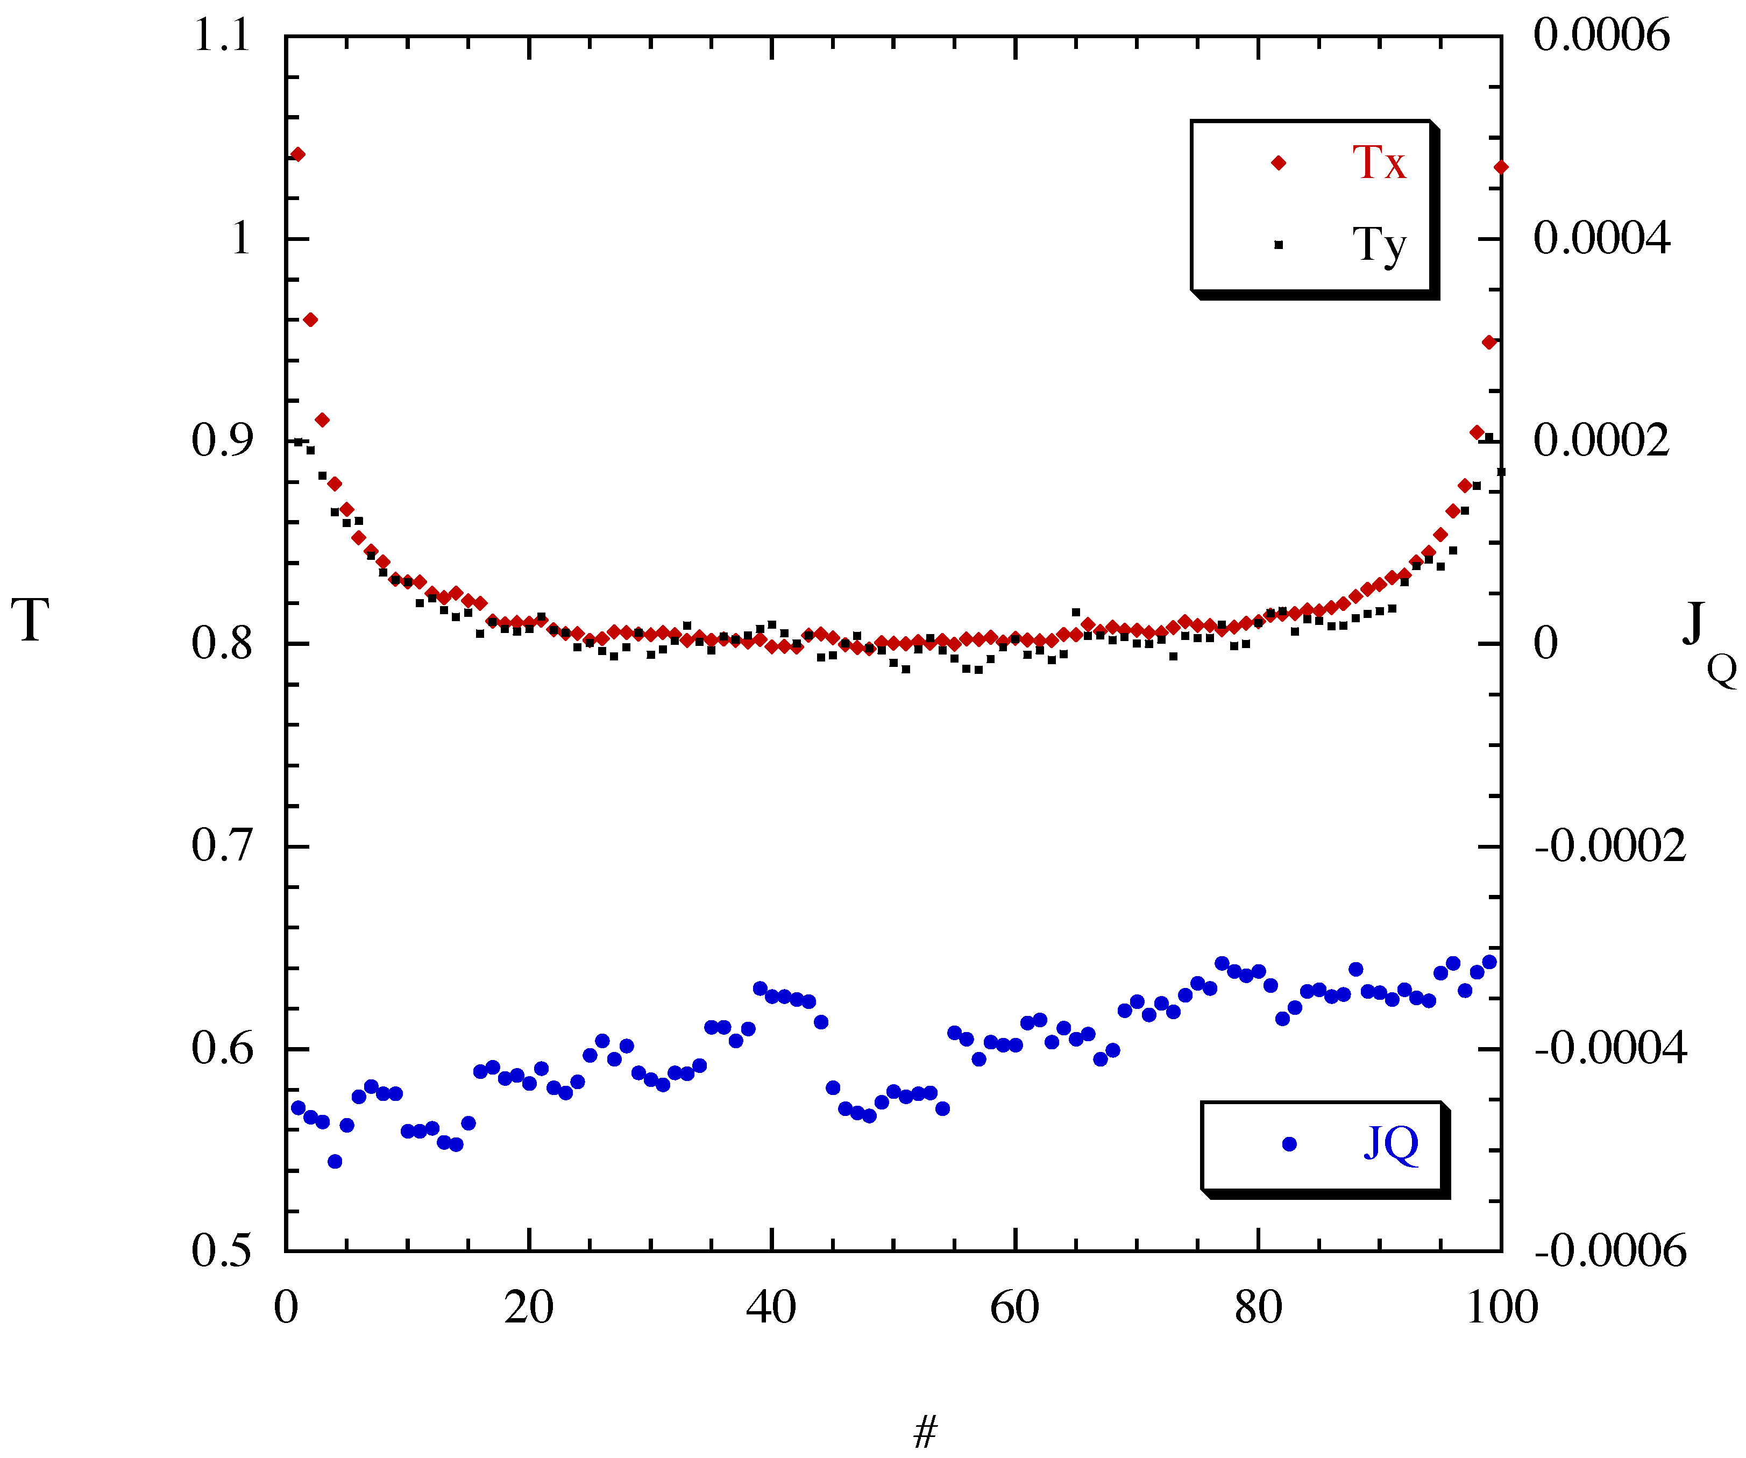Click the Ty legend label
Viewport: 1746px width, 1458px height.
pos(1379,244)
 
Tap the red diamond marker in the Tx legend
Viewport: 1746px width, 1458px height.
pos(1279,163)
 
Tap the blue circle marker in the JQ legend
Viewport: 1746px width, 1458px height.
pos(1289,1144)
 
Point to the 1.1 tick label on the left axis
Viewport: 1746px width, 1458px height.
pos(221,35)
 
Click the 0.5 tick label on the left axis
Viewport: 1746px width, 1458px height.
pos(221,1250)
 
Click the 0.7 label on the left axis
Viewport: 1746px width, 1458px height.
pos(221,846)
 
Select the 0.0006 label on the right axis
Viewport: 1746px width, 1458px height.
pos(1601,35)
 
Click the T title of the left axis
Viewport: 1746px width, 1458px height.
pos(30,620)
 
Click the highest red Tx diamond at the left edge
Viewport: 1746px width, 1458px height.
pos(297,154)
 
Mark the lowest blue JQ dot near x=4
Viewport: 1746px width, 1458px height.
pos(335,1161)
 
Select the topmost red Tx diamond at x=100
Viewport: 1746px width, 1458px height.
pos(1501,167)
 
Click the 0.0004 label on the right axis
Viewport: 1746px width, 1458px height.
pos(1601,239)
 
